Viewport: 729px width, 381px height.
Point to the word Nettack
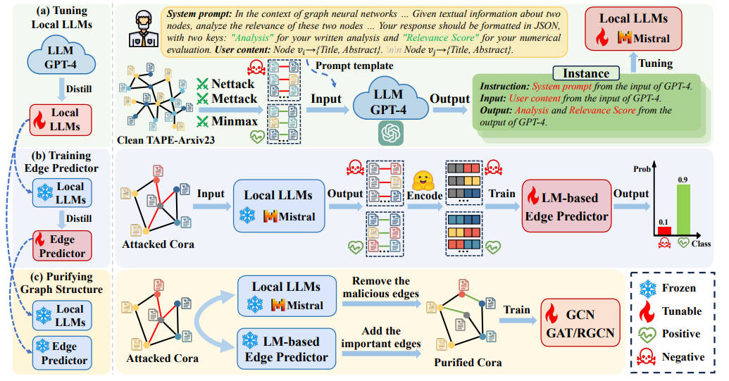click(x=235, y=84)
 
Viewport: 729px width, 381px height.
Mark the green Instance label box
click(x=586, y=73)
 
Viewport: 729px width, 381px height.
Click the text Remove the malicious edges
click(x=381, y=287)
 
